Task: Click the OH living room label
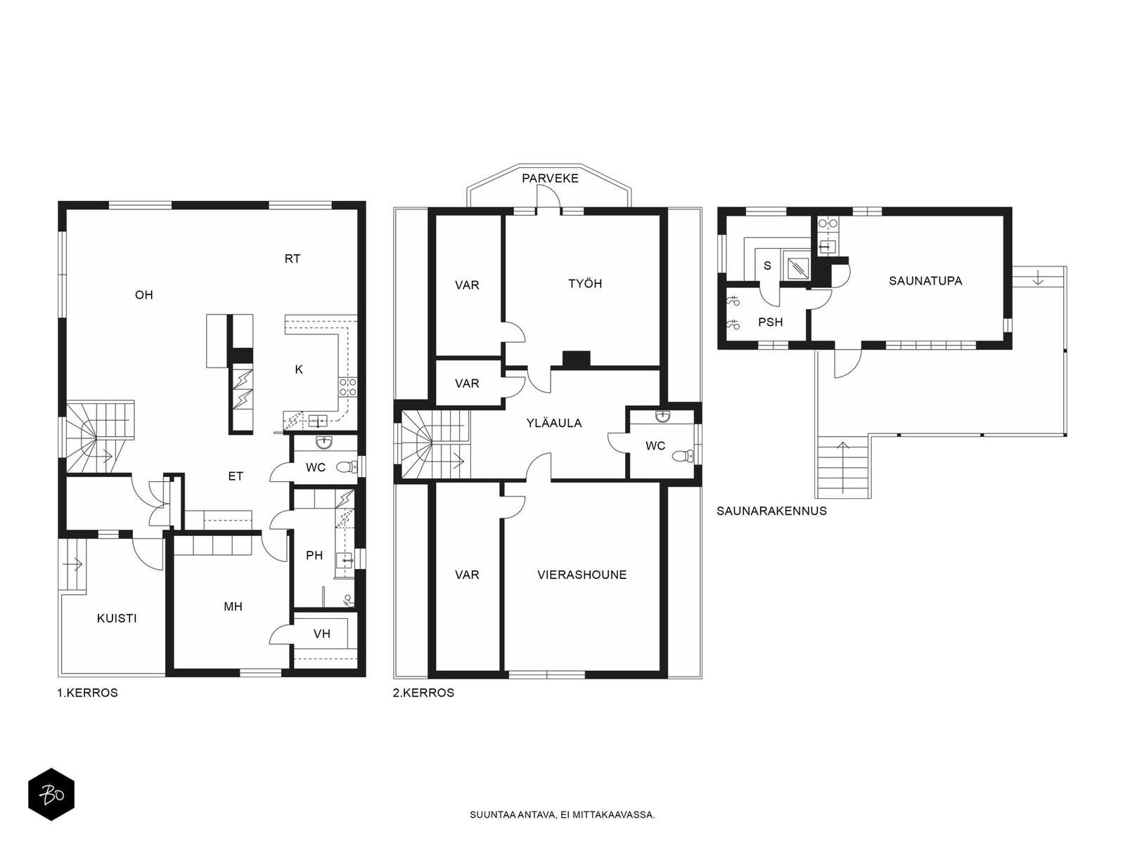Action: pyautogui.click(x=144, y=295)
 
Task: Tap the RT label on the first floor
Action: pyautogui.click(x=292, y=259)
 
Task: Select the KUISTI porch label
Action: pyautogui.click(x=117, y=618)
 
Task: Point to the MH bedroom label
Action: pyautogui.click(x=233, y=606)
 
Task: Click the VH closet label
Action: pyautogui.click(x=322, y=634)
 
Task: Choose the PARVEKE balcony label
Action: pyautogui.click(x=550, y=178)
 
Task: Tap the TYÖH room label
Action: pyautogui.click(x=585, y=284)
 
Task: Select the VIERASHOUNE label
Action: pyautogui.click(x=582, y=575)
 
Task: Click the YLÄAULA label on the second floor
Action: pyautogui.click(x=554, y=424)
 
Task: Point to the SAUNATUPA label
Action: pyautogui.click(x=925, y=281)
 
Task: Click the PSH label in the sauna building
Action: pyautogui.click(x=771, y=322)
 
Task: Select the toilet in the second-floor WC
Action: pyautogui.click(x=683, y=455)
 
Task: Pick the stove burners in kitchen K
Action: pyautogui.click(x=347, y=387)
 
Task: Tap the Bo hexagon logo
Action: pyautogui.click(x=51, y=794)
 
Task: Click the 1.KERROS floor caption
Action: pyautogui.click(x=88, y=693)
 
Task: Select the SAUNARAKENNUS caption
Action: pyautogui.click(x=771, y=511)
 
